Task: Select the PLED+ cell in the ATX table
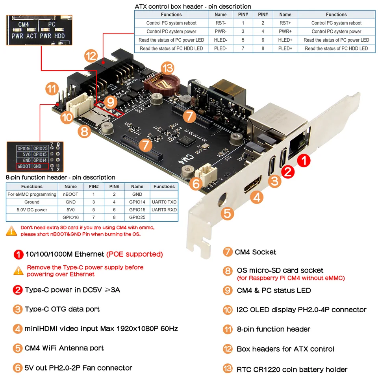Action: pos(285,48)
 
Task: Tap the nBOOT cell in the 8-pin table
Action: pos(70,194)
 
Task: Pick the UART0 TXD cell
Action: pos(164,202)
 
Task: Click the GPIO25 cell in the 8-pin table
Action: pos(137,217)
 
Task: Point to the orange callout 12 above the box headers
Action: pos(90,56)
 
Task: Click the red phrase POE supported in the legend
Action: pos(135,254)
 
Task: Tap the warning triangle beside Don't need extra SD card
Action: pos(11,231)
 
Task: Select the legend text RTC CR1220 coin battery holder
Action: pos(292,369)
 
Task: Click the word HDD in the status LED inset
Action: pos(60,36)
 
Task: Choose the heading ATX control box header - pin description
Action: pos(193,6)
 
